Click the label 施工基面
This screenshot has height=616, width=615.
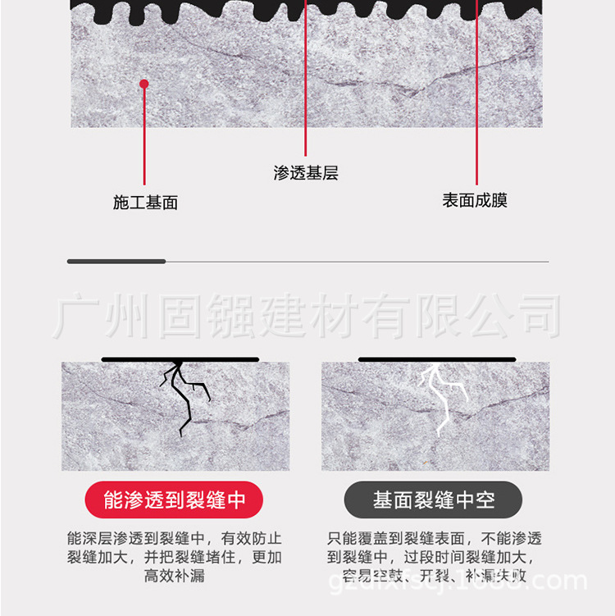pos(145,203)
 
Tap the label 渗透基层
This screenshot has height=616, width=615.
pos(305,173)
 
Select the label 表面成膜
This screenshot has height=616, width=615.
pos(475,200)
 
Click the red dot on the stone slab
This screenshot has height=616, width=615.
pos(143,84)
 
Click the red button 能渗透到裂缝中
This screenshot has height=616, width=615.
pos(174,500)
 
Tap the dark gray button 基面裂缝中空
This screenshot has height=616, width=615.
pos(434,500)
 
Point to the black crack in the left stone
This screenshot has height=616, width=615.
pos(184,394)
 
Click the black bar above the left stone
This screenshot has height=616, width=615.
pos(180,359)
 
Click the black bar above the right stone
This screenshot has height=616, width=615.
pos(437,359)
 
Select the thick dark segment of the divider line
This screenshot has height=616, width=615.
pos(116,262)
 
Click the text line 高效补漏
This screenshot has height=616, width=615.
pos(174,576)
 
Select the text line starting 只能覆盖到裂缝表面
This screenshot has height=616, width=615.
pos(434,539)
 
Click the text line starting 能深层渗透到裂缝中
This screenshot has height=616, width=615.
pos(174,539)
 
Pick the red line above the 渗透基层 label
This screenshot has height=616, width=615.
pos(306,82)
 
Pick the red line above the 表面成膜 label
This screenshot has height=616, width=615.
pos(476,98)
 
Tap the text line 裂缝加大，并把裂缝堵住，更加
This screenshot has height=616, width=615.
pos(174,558)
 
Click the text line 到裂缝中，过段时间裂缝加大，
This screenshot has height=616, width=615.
pos(434,558)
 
